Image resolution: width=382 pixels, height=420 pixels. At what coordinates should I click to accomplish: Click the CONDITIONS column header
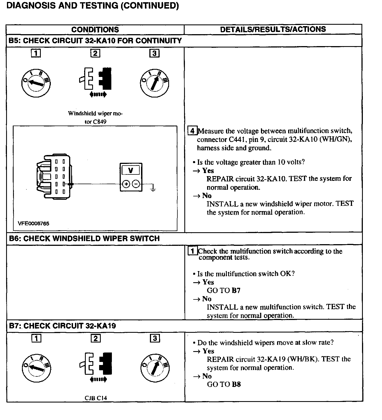coord(95,30)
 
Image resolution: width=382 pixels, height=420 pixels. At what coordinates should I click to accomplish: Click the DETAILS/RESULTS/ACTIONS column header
coord(273,29)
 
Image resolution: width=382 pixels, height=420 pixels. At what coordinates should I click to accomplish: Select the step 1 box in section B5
coord(36,53)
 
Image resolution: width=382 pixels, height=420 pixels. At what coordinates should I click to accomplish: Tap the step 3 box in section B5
coord(154,53)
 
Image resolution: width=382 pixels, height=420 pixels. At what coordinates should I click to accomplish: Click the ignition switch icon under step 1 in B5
coord(36,83)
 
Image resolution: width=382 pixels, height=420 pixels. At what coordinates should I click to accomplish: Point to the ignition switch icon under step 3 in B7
coord(155,368)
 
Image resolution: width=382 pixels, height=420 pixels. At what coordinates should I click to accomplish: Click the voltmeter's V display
coord(131,170)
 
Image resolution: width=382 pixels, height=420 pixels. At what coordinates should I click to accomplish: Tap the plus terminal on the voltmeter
coord(126,184)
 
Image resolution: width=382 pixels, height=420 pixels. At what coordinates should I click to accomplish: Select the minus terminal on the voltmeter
coord(136,184)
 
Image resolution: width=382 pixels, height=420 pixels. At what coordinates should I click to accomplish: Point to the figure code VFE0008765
coord(34,223)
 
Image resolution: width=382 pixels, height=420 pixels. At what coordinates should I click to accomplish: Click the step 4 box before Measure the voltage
coord(192,131)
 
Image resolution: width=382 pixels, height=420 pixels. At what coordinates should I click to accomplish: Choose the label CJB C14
coord(96,398)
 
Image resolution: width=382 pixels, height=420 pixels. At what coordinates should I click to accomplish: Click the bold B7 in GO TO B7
coord(236,291)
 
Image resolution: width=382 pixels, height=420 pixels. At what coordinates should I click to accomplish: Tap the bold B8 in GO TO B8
coord(236,384)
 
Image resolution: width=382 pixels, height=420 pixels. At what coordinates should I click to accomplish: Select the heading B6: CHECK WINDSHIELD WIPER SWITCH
coord(84,239)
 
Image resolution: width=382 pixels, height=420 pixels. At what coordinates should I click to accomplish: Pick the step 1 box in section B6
coord(192,251)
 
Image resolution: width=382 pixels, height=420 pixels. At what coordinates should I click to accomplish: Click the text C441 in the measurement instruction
coord(238,139)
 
